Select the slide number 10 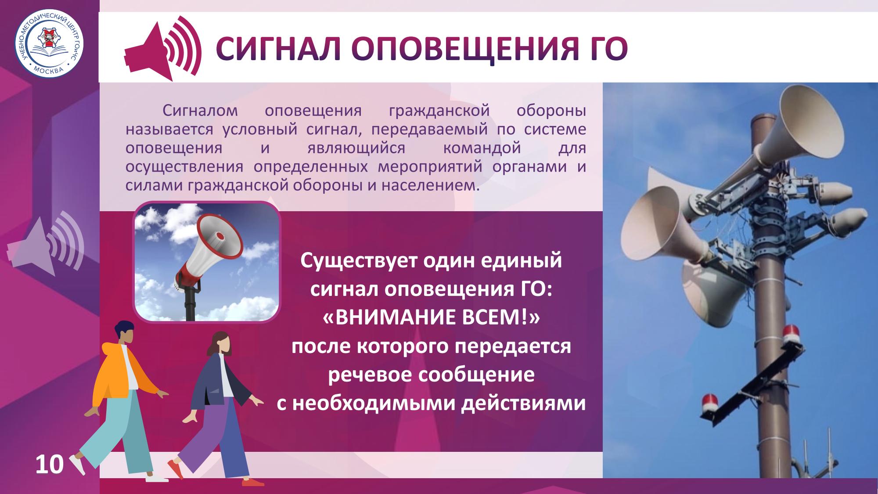[50, 464]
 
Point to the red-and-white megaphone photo [206, 262]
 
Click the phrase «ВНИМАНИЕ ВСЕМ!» [431, 318]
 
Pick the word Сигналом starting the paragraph [200, 111]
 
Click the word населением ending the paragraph [428, 185]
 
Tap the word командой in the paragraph [482, 148]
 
